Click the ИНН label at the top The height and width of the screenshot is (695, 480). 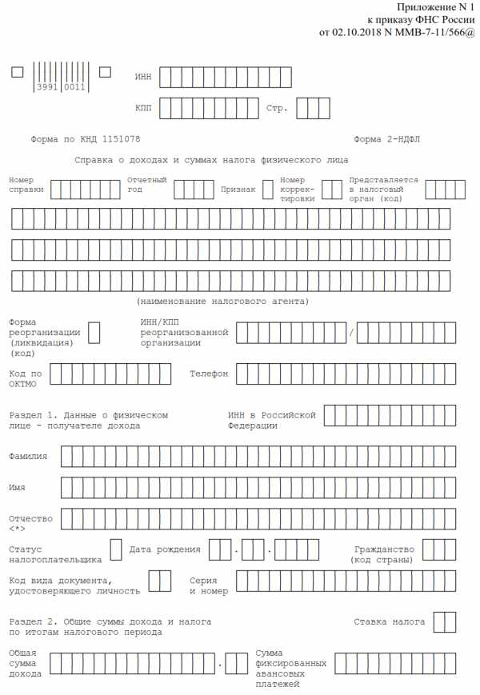point(142,77)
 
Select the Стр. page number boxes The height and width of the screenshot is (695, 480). point(313,108)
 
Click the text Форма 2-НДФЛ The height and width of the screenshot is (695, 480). point(386,139)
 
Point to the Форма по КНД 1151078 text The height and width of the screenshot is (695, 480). point(86,139)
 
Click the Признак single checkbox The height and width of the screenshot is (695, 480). point(268,190)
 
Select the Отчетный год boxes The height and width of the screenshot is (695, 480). point(194,190)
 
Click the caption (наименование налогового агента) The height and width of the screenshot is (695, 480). point(222,302)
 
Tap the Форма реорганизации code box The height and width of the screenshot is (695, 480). point(94,333)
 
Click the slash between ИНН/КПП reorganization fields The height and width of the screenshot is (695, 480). point(350,333)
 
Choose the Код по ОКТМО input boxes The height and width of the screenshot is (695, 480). point(110,373)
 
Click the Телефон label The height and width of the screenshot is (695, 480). point(209,374)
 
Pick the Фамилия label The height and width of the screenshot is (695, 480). point(28,456)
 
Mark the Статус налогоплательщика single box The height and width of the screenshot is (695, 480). point(115,549)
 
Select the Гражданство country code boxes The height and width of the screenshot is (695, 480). point(439,549)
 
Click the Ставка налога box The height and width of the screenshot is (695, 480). point(444,621)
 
